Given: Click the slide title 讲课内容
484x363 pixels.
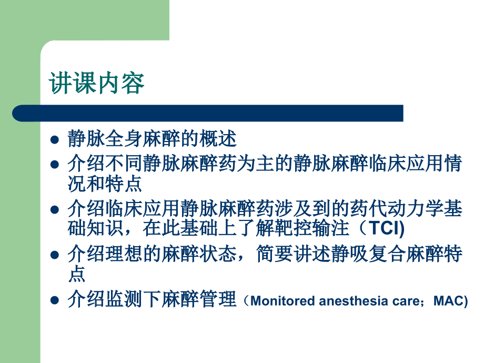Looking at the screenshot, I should (97, 84).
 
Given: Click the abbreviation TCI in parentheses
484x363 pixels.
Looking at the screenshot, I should (386, 229).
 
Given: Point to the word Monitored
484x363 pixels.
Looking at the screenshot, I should (284, 301).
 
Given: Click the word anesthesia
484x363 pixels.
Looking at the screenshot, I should (354, 301).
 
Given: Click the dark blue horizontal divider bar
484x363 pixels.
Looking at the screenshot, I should (208, 113).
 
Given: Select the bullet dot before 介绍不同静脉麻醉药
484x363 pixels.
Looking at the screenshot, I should (54, 164).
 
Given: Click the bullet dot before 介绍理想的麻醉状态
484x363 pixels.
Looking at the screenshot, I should (54, 255).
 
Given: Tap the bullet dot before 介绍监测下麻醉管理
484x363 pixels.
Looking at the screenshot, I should (54, 301).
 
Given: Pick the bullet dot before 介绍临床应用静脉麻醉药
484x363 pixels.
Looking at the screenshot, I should (54, 209).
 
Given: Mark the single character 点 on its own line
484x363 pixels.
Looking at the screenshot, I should (77, 274).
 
